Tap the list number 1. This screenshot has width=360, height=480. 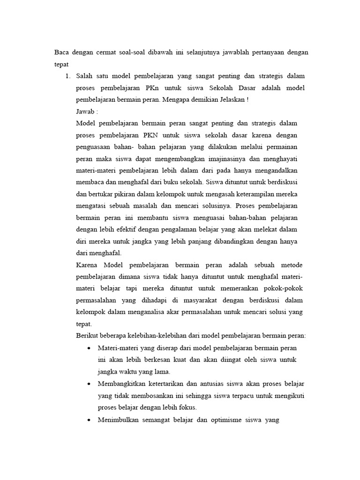point(67,75)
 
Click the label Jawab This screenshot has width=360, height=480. point(87,112)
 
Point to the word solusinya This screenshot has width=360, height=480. point(206,206)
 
